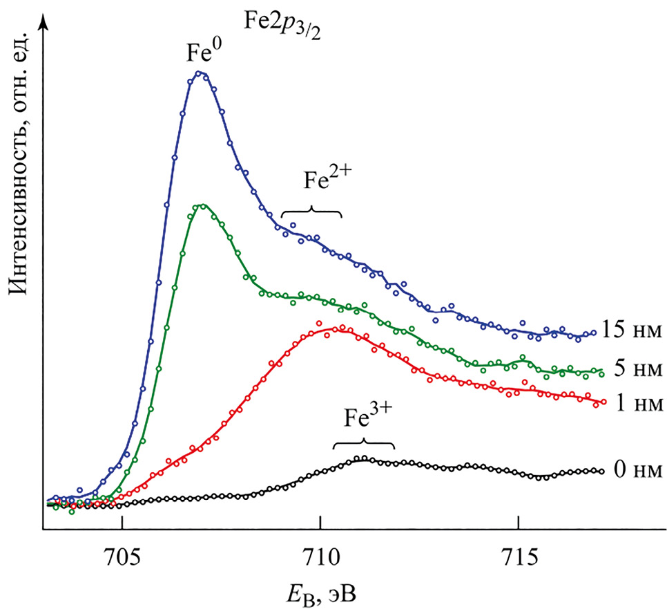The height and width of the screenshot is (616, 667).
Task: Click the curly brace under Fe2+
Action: click(x=312, y=212)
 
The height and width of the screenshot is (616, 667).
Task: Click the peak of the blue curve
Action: click(x=200, y=73)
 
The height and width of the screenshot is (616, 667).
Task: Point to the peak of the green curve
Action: click(x=201, y=205)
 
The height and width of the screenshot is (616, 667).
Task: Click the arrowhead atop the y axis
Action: click(x=43, y=23)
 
